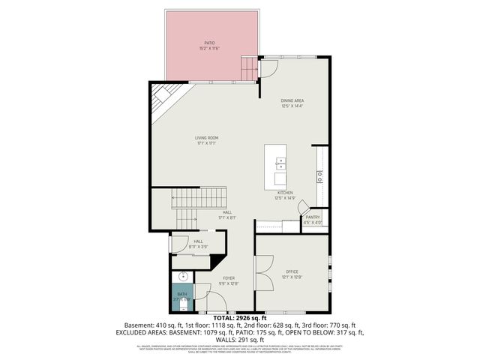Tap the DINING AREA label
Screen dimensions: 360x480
(292, 100)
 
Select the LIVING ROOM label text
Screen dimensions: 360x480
(206, 138)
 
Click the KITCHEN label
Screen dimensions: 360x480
(285, 192)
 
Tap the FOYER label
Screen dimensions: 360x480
(229, 278)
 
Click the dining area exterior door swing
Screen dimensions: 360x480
(270, 70)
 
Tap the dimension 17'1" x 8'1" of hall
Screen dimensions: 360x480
(228, 218)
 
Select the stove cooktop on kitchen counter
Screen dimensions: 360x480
(320, 176)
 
